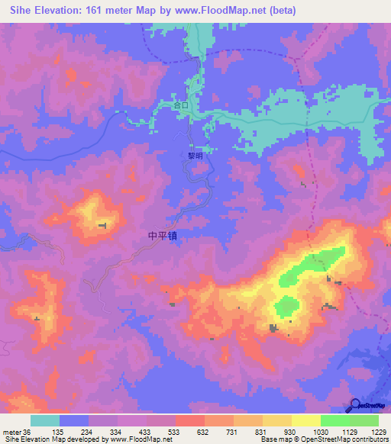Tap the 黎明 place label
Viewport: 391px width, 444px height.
195,155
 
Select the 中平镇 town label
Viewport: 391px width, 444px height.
166,236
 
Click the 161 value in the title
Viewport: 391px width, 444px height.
108,10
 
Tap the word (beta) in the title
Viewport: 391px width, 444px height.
280,10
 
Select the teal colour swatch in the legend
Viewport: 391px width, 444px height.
45,420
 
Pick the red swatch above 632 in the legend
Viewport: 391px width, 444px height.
189,420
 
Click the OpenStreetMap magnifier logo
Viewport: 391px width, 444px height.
354,405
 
